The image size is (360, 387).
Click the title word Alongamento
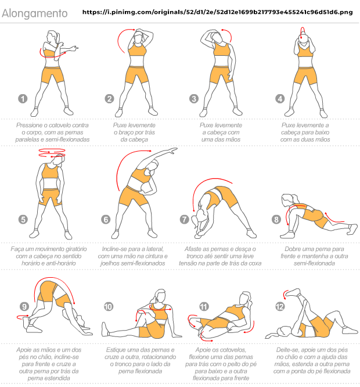click(35, 13)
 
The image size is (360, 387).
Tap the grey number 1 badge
click(23, 99)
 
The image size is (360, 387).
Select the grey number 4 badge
click(280, 99)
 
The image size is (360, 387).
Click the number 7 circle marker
click(185, 219)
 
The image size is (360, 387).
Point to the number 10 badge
click(108, 307)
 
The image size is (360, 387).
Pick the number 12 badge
click(280, 307)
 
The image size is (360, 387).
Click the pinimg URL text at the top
click(218, 12)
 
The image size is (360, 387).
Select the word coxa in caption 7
click(255, 263)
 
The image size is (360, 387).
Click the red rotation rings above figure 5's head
click(52, 153)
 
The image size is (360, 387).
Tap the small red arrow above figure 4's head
click(303, 31)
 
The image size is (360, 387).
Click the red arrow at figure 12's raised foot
click(286, 294)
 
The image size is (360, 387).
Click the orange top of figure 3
click(222, 50)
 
